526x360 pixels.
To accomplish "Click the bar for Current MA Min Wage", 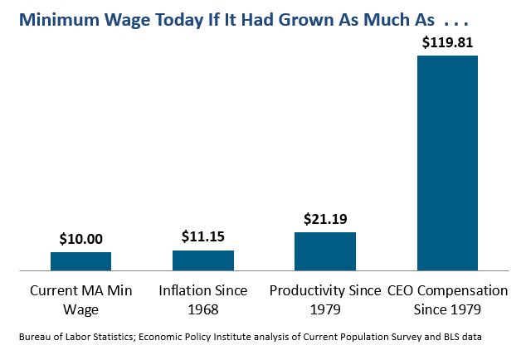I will [80, 261].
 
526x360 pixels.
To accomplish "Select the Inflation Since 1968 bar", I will [202, 260].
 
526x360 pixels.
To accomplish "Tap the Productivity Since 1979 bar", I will [325, 251].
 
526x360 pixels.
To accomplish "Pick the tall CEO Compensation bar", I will [447, 163].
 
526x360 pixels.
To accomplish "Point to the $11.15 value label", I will [203, 236].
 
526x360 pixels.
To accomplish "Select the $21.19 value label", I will [325, 218].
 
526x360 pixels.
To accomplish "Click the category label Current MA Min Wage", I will [81, 300].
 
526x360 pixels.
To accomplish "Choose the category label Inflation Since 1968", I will [203, 300].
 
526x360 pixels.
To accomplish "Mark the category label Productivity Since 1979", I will [325, 300].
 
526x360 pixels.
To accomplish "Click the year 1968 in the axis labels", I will [202, 309].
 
